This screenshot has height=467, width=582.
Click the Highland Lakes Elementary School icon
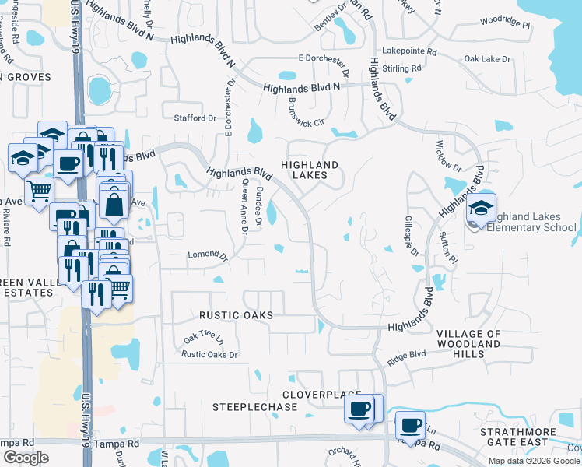click(481, 209)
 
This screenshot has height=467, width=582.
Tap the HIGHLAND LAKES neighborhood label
click(310, 170)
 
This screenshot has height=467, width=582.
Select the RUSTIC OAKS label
click(236, 315)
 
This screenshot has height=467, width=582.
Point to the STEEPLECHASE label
click(255, 407)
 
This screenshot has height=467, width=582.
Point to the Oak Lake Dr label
click(486, 59)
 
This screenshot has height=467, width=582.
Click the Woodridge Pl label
click(504, 24)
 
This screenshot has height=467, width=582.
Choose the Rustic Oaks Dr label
click(209, 355)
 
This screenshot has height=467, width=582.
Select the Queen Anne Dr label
click(245, 207)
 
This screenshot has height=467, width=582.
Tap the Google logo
click(25, 458)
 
